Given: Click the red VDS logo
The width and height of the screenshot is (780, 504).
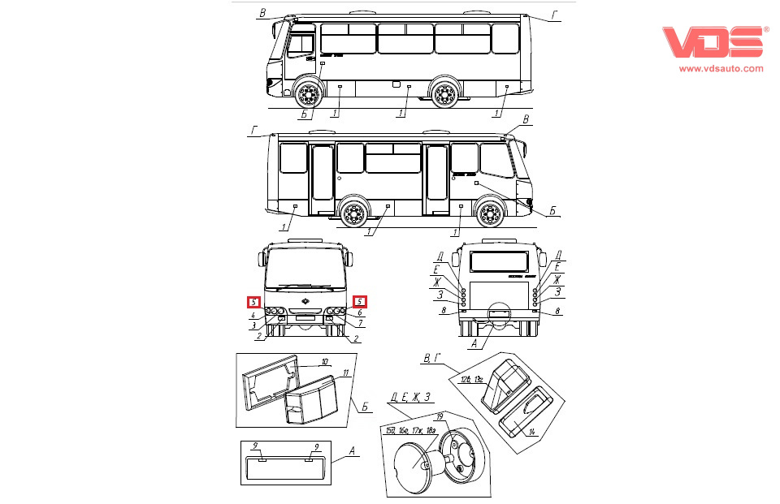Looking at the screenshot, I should coord(714,43).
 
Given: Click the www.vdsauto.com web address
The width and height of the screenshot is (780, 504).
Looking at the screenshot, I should coord(721,68).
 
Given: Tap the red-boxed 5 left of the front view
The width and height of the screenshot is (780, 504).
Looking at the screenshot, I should coord(253,302).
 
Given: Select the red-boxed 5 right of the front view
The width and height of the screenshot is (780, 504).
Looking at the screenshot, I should coord(361,302).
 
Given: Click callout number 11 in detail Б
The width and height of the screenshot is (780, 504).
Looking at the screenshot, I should coord(346,373).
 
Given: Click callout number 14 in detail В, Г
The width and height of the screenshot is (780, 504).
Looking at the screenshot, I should coord(531,432).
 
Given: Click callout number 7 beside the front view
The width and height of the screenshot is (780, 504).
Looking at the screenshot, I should coord(361,324).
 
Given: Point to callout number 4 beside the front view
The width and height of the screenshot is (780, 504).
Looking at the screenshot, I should coord(253,315).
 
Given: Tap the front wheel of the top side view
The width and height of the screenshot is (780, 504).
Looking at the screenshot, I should coord(306,95).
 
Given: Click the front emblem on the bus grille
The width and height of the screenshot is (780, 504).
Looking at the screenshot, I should coord(305,302).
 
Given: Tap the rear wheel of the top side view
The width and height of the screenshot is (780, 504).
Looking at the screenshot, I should coord(444,95).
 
